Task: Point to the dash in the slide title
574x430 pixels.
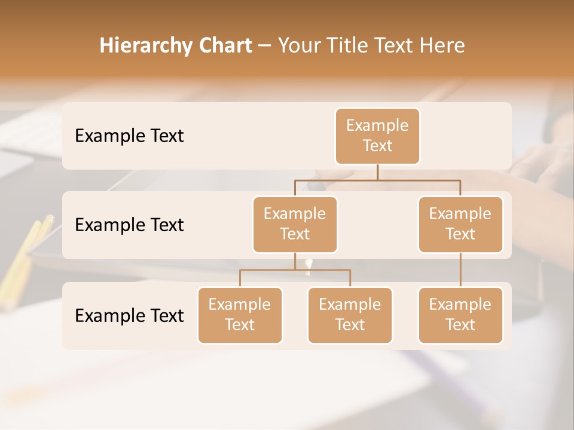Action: [x=264, y=46]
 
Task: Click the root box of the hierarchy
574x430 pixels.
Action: [x=377, y=136]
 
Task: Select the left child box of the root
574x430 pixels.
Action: [x=295, y=224]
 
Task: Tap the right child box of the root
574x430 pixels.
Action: [x=460, y=224]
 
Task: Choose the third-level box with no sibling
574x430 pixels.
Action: [x=460, y=315]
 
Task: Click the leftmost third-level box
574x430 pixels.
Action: [x=240, y=315]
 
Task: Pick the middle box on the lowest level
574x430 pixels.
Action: [x=350, y=315]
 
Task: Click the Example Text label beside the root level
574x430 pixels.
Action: [x=129, y=136]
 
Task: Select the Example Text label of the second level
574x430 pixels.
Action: [x=129, y=225]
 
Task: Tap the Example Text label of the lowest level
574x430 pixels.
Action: [x=129, y=315]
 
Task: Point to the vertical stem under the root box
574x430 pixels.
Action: [x=377, y=172]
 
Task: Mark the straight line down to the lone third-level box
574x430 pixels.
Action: [x=460, y=270]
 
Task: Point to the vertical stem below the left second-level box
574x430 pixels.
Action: [x=295, y=261]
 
